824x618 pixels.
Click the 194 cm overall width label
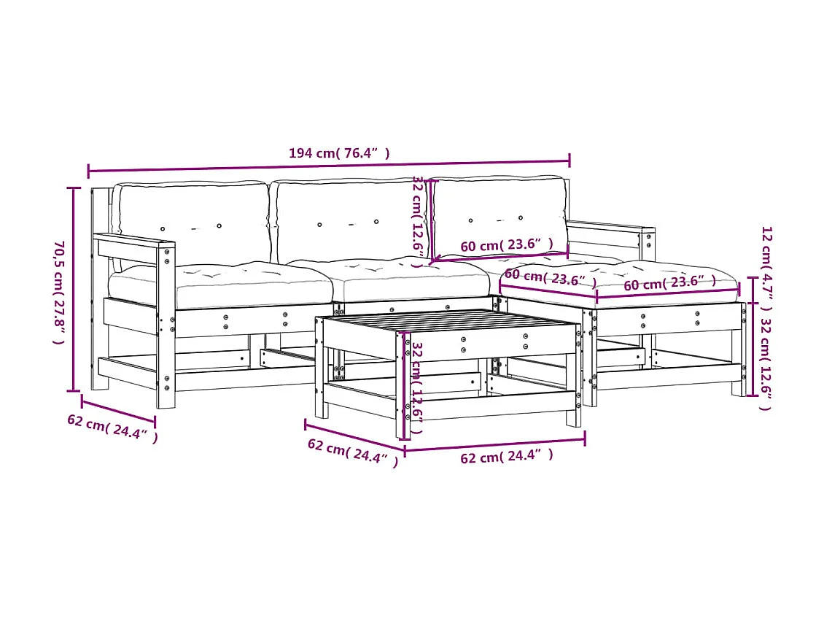[x=339, y=153]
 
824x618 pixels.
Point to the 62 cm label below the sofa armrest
[x=112, y=429]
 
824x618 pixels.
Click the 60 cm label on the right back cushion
[x=506, y=245]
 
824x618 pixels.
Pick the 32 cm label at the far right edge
[x=766, y=363]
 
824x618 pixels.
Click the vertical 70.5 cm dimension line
[x=74, y=292]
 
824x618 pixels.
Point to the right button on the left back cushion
[x=219, y=226]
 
